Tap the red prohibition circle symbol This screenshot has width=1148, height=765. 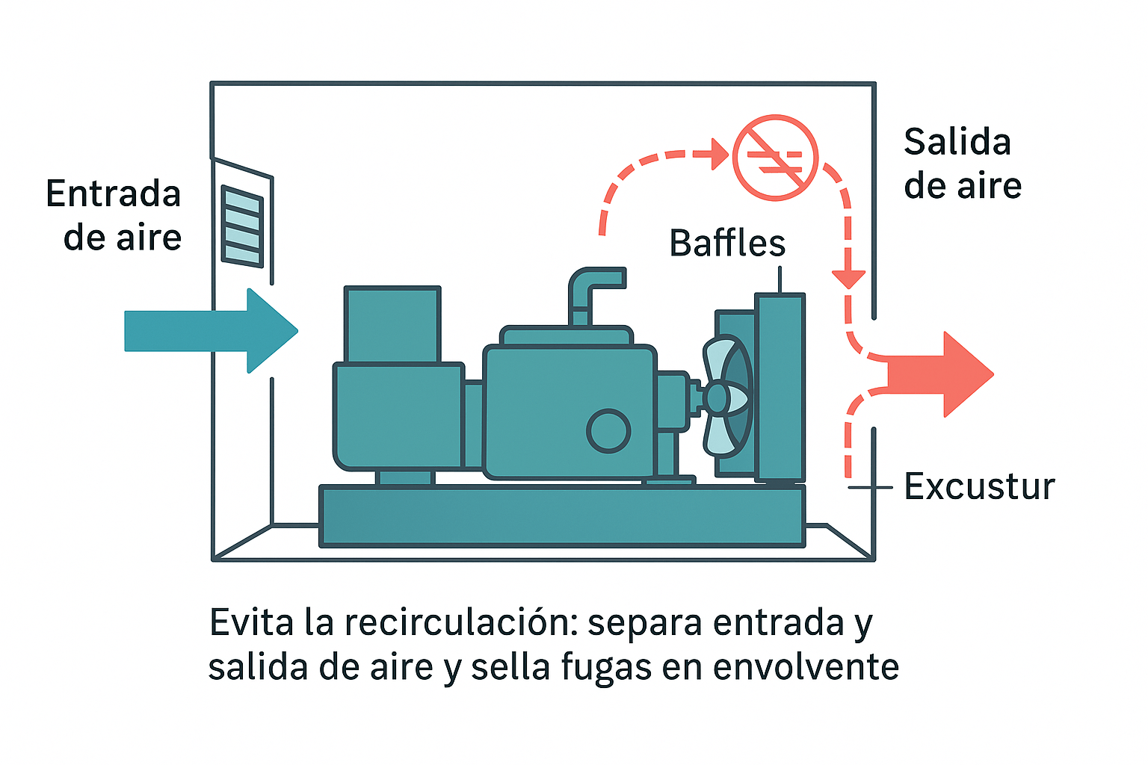(x=775, y=158)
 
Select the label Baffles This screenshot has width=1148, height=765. (x=727, y=244)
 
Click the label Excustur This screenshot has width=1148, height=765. (x=979, y=487)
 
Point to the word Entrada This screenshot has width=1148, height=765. (x=114, y=194)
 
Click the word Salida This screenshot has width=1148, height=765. (x=957, y=142)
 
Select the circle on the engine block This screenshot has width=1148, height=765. (x=608, y=431)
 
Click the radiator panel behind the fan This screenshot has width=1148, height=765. (x=780, y=386)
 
